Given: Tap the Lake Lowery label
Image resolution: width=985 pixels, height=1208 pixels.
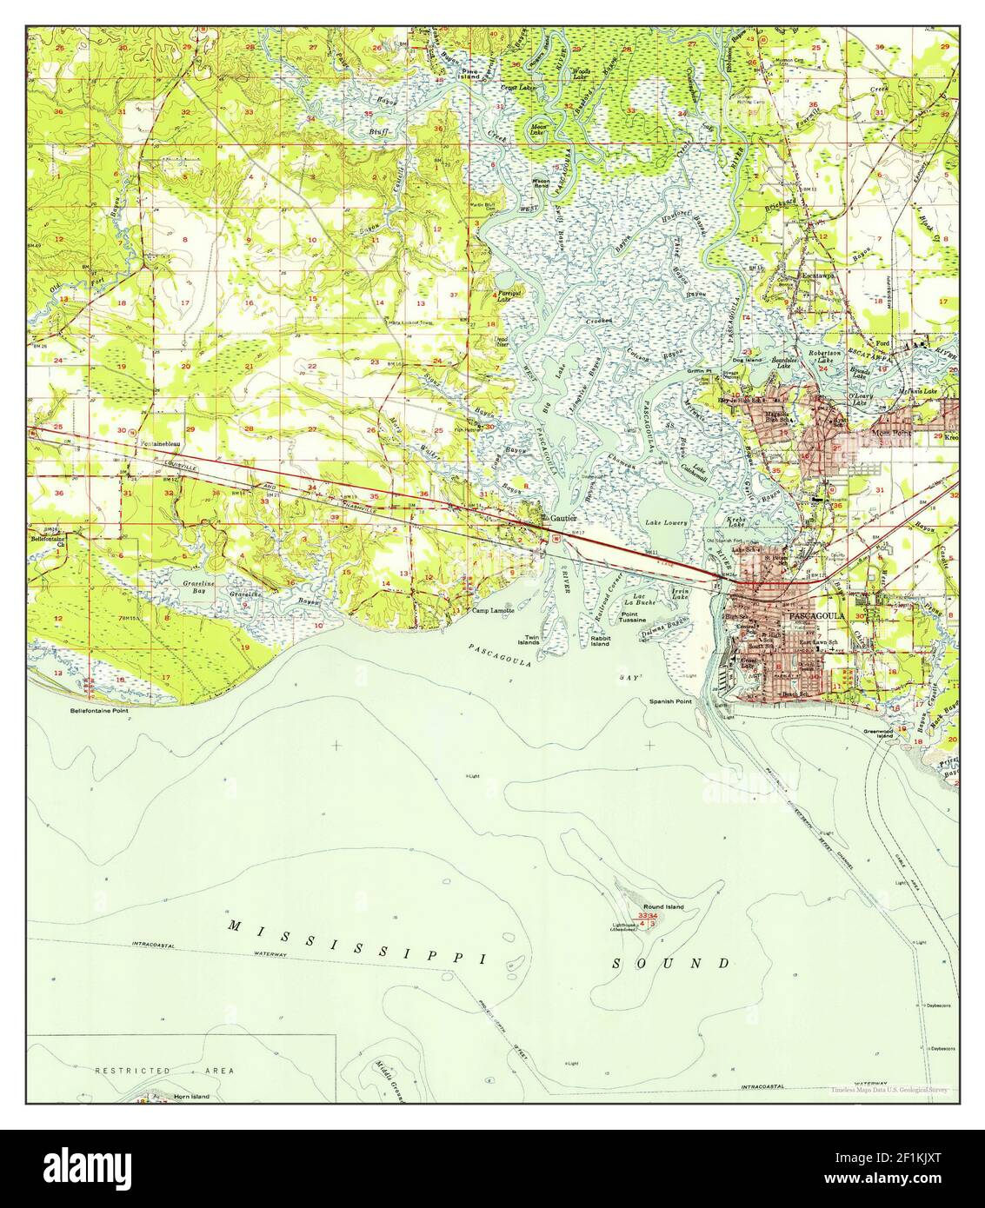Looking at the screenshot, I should (666, 523).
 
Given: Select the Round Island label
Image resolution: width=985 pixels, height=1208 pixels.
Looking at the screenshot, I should (664, 906).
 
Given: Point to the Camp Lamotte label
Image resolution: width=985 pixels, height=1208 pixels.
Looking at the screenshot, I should (493, 610).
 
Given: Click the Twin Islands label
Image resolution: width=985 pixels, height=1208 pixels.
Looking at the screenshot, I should (529, 640).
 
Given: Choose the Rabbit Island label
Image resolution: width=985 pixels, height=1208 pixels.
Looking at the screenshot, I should (600, 641).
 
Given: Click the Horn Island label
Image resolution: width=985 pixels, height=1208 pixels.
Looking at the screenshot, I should (190, 1097).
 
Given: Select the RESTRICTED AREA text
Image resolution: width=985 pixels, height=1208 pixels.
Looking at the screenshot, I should (164, 1071).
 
